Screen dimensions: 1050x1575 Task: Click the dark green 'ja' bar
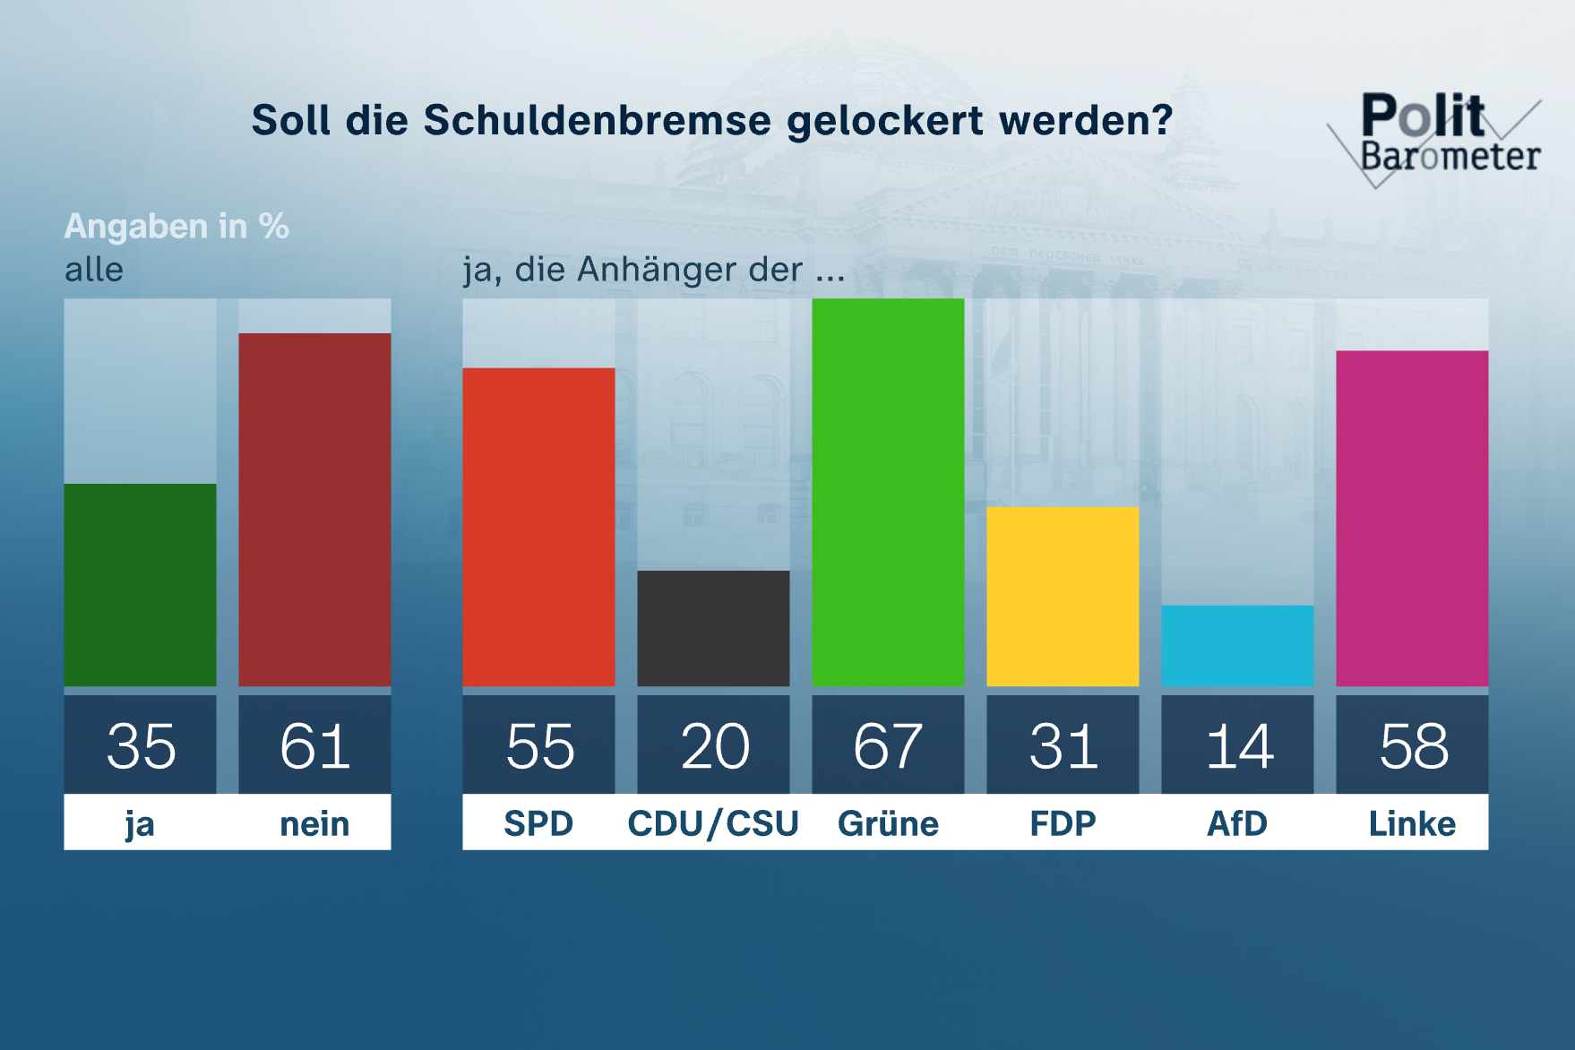[x=140, y=585]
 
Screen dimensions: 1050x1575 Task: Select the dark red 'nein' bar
[x=314, y=510]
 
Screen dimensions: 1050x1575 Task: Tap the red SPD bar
[x=538, y=527]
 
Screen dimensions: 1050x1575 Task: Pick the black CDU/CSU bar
[x=713, y=628]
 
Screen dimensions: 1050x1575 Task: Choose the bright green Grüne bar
[x=888, y=493]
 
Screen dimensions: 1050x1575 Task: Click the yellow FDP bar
[x=1063, y=597]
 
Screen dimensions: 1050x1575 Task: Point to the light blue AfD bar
[x=1237, y=646]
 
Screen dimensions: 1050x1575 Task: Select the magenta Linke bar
[x=1412, y=519]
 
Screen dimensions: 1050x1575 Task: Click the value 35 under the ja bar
[x=141, y=745]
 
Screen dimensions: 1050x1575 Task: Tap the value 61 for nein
[x=314, y=745]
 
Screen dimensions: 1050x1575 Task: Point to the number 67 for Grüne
[x=888, y=745]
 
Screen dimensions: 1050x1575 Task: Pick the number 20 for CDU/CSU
[x=714, y=745]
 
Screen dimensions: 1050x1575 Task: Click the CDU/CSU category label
[x=713, y=823]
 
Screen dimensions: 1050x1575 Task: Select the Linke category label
[x=1412, y=823]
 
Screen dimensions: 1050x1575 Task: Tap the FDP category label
[x=1063, y=823]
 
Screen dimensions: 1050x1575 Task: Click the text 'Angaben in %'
[x=176, y=226]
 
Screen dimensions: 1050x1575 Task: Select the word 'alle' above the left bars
[x=94, y=270]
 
